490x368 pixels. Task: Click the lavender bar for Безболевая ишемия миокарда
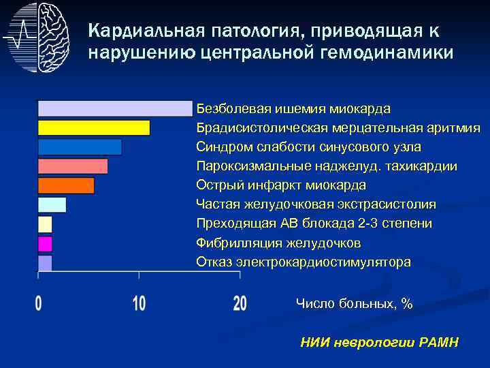(115, 108)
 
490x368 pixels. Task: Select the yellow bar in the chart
(94, 128)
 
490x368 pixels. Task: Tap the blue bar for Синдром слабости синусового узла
(80, 147)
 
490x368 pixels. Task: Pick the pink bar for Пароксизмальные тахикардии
(73, 166)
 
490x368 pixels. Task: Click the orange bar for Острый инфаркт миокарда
(66, 185)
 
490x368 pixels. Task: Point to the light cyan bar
(52, 204)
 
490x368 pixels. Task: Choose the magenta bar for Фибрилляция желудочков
(45, 243)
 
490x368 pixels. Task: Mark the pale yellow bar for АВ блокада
(45, 224)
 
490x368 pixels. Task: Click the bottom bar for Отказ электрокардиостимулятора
(45, 262)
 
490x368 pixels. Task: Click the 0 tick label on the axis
(39, 303)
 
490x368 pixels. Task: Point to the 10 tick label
(139, 303)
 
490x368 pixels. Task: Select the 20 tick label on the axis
(240, 303)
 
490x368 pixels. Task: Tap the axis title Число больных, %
(354, 304)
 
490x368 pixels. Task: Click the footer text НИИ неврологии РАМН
(379, 342)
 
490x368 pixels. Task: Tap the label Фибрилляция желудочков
(278, 243)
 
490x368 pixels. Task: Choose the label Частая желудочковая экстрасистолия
(316, 204)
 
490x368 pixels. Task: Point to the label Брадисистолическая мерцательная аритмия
(338, 128)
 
